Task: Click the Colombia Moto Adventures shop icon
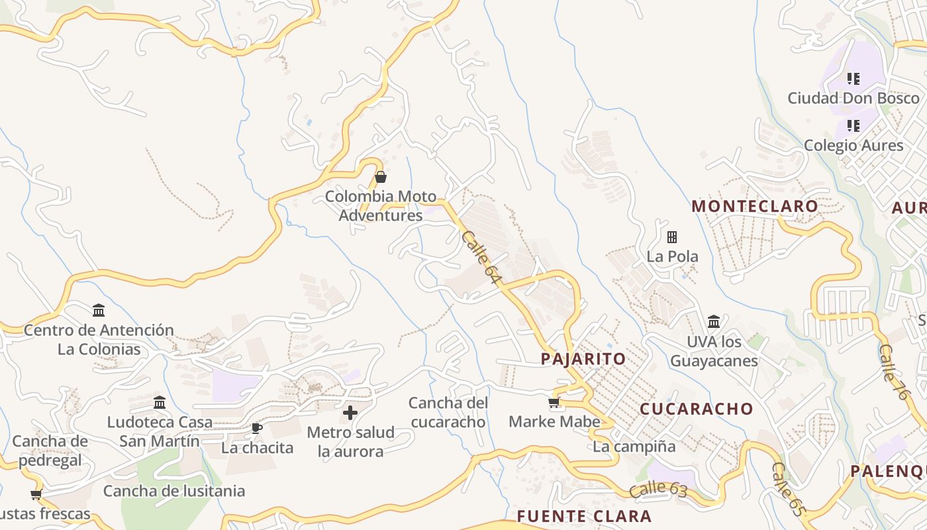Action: (x=381, y=178)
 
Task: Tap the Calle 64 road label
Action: (x=480, y=258)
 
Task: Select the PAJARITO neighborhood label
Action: (x=583, y=359)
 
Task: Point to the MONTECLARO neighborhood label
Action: (x=755, y=207)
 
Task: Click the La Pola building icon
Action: (x=672, y=237)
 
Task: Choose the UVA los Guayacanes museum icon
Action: (x=714, y=322)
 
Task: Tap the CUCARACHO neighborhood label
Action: (x=697, y=409)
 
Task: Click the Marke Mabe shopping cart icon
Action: (x=554, y=403)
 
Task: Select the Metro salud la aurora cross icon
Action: (x=350, y=413)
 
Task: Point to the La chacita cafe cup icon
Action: (x=257, y=429)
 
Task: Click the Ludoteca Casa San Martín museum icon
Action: (x=160, y=403)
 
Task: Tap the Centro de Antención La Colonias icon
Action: (x=99, y=310)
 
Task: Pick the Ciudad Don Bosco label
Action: (x=854, y=98)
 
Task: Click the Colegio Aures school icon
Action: (x=854, y=125)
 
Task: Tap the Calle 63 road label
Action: (x=658, y=491)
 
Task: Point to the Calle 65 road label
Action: (x=789, y=490)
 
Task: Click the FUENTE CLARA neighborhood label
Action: (x=584, y=516)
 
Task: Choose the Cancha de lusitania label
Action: (x=174, y=491)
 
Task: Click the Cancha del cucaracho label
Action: (x=448, y=412)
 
